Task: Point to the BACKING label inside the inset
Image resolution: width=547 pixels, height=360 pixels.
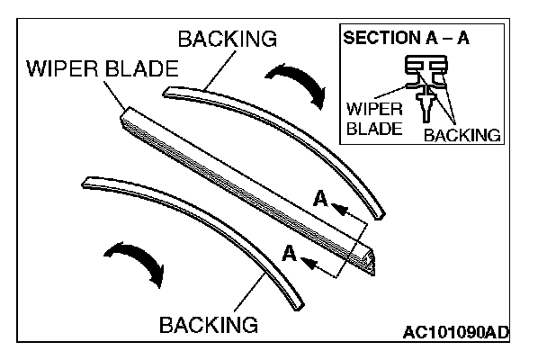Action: pyautogui.click(x=461, y=135)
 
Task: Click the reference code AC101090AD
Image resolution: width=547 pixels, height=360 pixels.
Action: pyautogui.click(x=455, y=333)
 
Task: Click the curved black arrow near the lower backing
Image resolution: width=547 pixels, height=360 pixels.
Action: pyautogui.click(x=135, y=260)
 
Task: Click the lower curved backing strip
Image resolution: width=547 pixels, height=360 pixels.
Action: pyautogui.click(x=198, y=225)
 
